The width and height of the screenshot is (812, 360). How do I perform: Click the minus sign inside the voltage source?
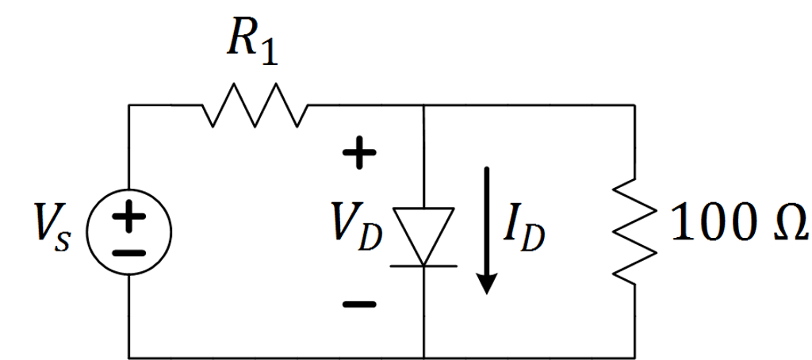click(128, 252)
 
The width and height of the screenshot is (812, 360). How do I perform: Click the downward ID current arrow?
click(488, 229)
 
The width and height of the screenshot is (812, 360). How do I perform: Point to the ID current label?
click(524, 231)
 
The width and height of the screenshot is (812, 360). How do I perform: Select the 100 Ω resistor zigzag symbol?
click(635, 230)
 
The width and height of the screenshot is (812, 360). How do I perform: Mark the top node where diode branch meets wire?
click(424, 105)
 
